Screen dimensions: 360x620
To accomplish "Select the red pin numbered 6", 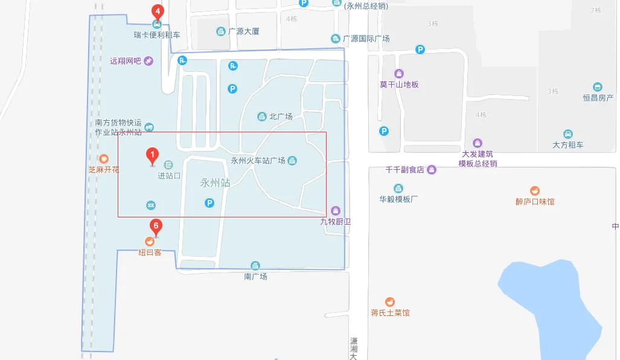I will coord(156,228).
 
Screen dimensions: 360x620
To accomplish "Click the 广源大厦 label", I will coord(243,31).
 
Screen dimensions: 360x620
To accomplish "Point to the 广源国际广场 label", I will coord(366,39).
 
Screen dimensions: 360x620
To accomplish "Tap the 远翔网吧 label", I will coord(125,61).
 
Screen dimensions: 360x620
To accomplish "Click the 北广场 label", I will coord(281,117).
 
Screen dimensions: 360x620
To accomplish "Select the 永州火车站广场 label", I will coord(258,161).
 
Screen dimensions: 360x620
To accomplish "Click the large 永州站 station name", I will coord(216,182).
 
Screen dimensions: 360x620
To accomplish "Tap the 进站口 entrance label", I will coord(169,176).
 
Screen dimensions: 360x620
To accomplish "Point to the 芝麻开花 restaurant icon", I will coord(104,159).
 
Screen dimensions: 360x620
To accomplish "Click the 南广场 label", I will coord(255,276).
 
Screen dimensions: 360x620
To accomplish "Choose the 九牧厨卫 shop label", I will coord(336,222).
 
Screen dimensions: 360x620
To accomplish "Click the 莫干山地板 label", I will coord(399,85).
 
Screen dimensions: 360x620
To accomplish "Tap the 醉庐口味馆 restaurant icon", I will coord(535,191).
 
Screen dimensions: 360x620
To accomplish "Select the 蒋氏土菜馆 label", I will coord(390,313).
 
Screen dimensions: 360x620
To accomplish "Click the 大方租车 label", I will coord(567,145).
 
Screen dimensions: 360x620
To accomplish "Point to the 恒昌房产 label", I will coord(598,98).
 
